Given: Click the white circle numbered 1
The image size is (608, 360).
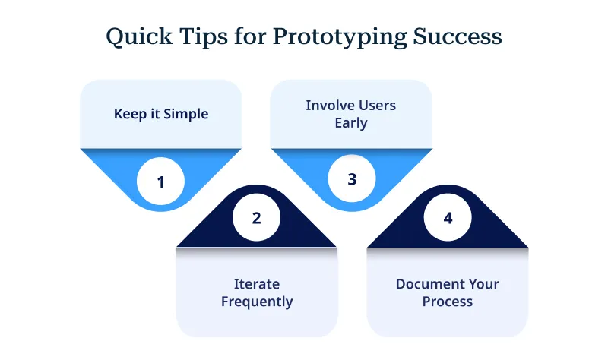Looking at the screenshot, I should click(160, 182).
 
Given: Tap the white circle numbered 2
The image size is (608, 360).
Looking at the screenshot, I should click(256, 218).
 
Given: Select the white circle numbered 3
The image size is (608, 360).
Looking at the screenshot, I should click(351, 179).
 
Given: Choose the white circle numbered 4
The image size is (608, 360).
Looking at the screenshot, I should click(448, 218).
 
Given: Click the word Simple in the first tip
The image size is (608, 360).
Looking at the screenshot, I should click(187, 114).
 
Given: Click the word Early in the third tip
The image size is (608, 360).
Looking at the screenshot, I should click(351, 122).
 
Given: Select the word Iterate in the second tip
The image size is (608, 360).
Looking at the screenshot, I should click(256, 284).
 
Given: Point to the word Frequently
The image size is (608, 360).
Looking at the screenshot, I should click(256, 302).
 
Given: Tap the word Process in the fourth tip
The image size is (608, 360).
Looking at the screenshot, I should click(448, 302).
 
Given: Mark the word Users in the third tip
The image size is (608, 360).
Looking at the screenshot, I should click(378, 105).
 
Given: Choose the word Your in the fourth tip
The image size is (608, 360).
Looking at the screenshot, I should click(483, 284).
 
